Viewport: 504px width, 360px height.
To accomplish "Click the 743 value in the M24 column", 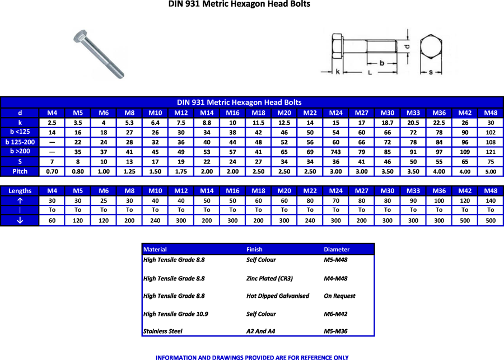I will coord(336,152).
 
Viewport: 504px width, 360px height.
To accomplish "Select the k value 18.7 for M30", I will coord(388,123).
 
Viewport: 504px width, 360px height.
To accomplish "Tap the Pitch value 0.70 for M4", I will coord(52,171).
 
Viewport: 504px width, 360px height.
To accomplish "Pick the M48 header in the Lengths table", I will coord(491,191).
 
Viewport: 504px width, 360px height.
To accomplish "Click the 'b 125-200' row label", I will coord(20,142).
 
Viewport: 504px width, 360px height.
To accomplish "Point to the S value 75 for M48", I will coord(491,162).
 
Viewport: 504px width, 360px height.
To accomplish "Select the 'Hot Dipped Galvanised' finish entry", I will coord(277,296).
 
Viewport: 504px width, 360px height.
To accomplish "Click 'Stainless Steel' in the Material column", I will coord(163,331).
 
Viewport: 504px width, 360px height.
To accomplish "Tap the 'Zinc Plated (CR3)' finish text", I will coord(269,278).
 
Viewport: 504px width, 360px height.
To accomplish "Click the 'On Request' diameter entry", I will coord(339,296).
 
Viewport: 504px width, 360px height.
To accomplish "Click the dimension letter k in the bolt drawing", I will coord(338,72).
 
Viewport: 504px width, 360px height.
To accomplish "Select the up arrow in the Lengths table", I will coord(20,200).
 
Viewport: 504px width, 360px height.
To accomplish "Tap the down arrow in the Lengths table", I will coord(20,220).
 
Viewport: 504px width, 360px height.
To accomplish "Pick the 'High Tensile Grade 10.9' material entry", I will coord(176,314).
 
